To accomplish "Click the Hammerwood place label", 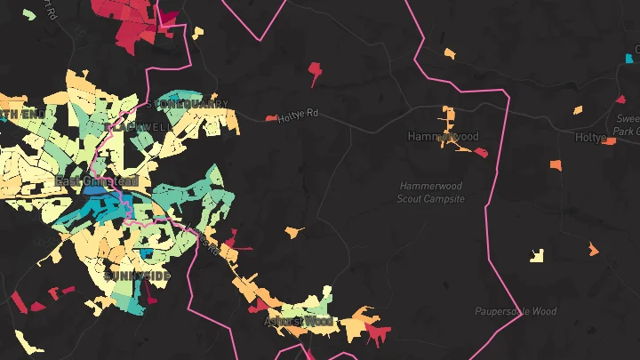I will [443, 137].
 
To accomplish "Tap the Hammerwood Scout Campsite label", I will [431, 193].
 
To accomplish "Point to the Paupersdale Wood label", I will [516, 312].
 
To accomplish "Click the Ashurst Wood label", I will [298, 320].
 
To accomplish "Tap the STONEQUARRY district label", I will [188, 105].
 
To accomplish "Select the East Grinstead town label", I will [96, 181].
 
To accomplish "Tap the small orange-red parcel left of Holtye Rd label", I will [271, 117].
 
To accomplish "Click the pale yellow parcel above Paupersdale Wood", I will [536, 255].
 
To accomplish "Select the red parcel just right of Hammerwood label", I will [482, 152].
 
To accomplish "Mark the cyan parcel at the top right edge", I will [629, 59].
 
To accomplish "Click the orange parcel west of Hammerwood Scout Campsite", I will [293, 232].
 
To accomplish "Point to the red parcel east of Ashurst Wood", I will [378, 333].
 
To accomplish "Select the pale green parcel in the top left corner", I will [29, 14].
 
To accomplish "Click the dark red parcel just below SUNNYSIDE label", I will [150, 298].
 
